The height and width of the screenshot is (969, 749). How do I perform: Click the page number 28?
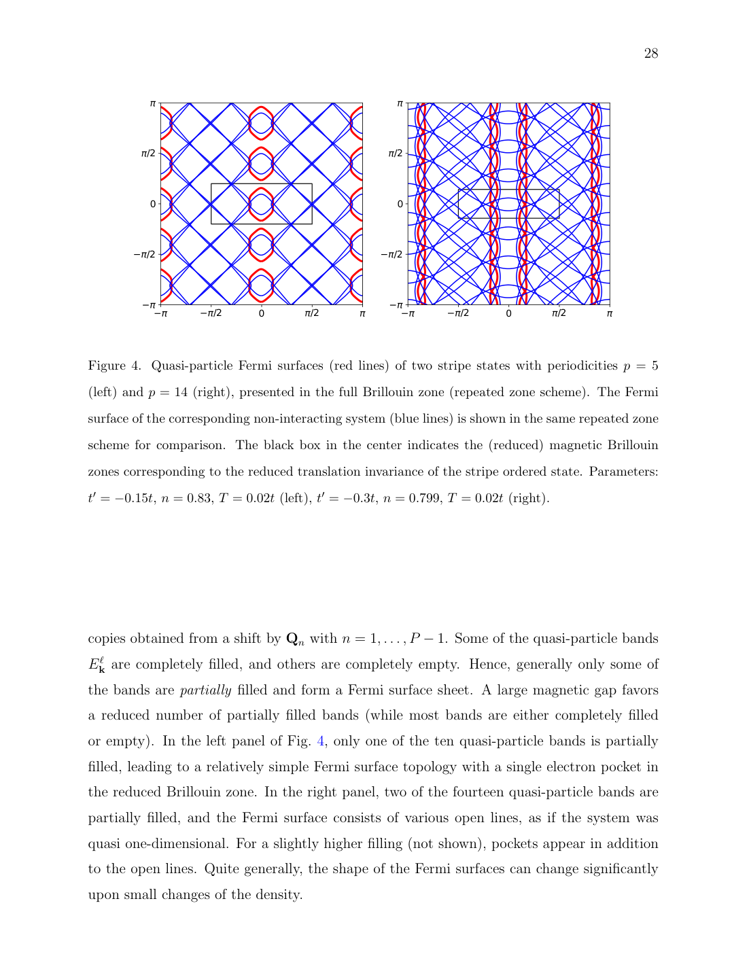(x=650, y=54)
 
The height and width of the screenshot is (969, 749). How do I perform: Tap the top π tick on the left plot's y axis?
(x=153, y=103)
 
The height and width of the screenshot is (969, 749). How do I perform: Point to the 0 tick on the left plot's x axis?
(x=262, y=314)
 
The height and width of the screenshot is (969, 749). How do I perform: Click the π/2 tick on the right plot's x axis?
(x=559, y=314)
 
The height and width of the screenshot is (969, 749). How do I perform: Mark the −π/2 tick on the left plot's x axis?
(x=211, y=314)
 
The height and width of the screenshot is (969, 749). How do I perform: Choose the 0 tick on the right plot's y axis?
(x=400, y=204)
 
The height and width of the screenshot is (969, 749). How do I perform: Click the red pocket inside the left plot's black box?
(x=262, y=204)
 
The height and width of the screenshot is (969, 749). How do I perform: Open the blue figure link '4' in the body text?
(x=321, y=741)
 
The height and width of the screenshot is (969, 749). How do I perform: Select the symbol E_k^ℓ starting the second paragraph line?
(x=97, y=665)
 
